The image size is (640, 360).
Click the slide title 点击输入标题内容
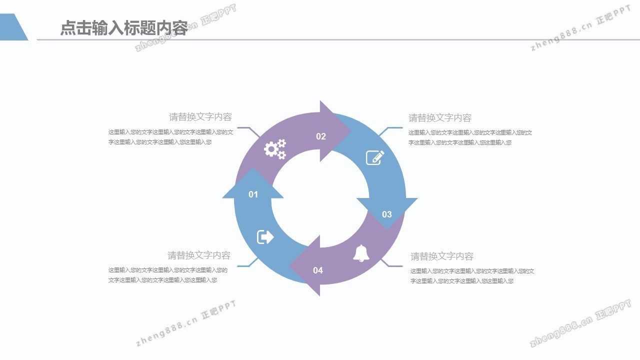pyautogui.click(x=123, y=28)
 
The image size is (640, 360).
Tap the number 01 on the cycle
pyautogui.click(x=253, y=194)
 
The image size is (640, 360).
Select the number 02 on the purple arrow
pyautogui.click(x=321, y=136)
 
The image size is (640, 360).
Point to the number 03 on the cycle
pyautogui.click(x=387, y=214)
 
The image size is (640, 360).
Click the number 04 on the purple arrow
pyautogui.click(x=318, y=270)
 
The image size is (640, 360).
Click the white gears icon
pyautogui.click(x=275, y=149)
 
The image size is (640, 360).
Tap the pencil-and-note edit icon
pyautogui.click(x=375, y=157)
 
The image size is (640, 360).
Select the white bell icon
pyautogui.click(x=361, y=253)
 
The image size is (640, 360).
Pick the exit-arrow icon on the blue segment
pyautogui.click(x=265, y=236)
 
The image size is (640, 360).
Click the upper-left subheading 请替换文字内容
pyautogui.click(x=200, y=117)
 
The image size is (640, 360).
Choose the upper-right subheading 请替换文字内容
pyautogui.click(x=440, y=118)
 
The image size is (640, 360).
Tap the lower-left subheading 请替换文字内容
pyautogui.click(x=199, y=255)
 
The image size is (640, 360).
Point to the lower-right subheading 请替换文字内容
pyautogui.click(x=442, y=256)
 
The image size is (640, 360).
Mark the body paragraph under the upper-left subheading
pyautogui.click(x=170, y=137)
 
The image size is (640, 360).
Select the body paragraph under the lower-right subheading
pyautogui.click(x=472, y=276)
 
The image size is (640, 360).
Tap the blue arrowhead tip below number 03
pyautogui.click(x=387, y=226)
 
